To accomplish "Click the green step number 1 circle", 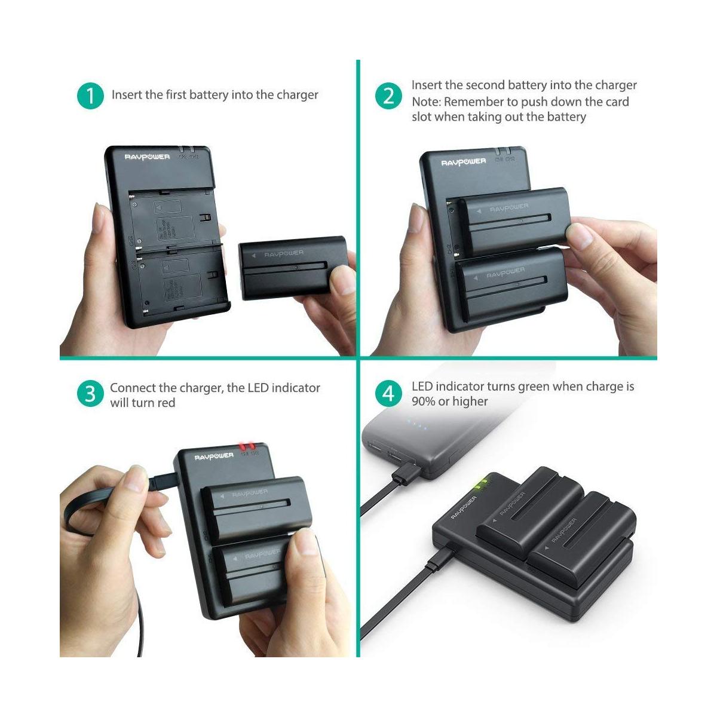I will pos(90,96).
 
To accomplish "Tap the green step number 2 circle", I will pos(389,96).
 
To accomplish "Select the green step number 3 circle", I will pos(90,394).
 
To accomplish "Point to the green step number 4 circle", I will pos(389,394).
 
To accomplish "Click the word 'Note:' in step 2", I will pos(426,102).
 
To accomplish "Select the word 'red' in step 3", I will pos(167,403).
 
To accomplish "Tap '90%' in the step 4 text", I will pos(424,402).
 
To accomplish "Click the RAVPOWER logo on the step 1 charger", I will pos(147,157).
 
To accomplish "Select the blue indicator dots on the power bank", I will pos(417,427).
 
